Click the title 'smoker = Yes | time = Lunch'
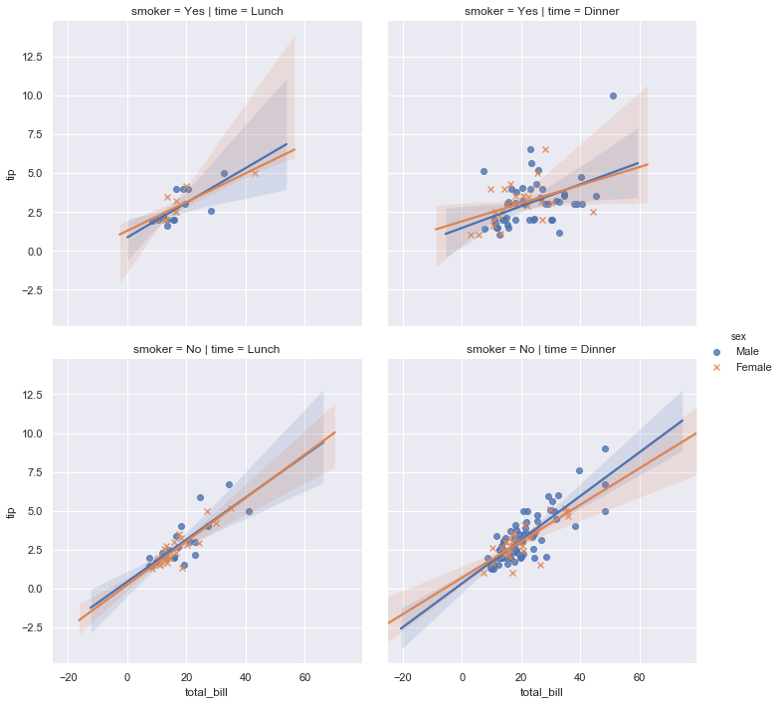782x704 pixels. [x=207, y=11]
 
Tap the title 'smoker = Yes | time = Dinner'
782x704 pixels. [x=540, y=11]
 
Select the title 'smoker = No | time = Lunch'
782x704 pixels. [x=207, y=349]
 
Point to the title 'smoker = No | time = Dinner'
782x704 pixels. [x=540, y=349]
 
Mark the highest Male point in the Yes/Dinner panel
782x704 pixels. [x=613, y=95]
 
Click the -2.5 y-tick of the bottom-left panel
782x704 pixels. [x=31, y=627]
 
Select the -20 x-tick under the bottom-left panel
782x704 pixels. [x=68, y=678]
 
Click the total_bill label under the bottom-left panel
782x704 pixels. [x=207, y=692]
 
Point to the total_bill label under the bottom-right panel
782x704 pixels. [x=540, y=692]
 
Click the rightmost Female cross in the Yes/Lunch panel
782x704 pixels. [x=255, y=173]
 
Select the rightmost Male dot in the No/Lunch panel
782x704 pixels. [x=249, y=511]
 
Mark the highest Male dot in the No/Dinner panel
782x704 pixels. [x=605, y=448]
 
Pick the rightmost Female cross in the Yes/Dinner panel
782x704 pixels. [x=593, y=212]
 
